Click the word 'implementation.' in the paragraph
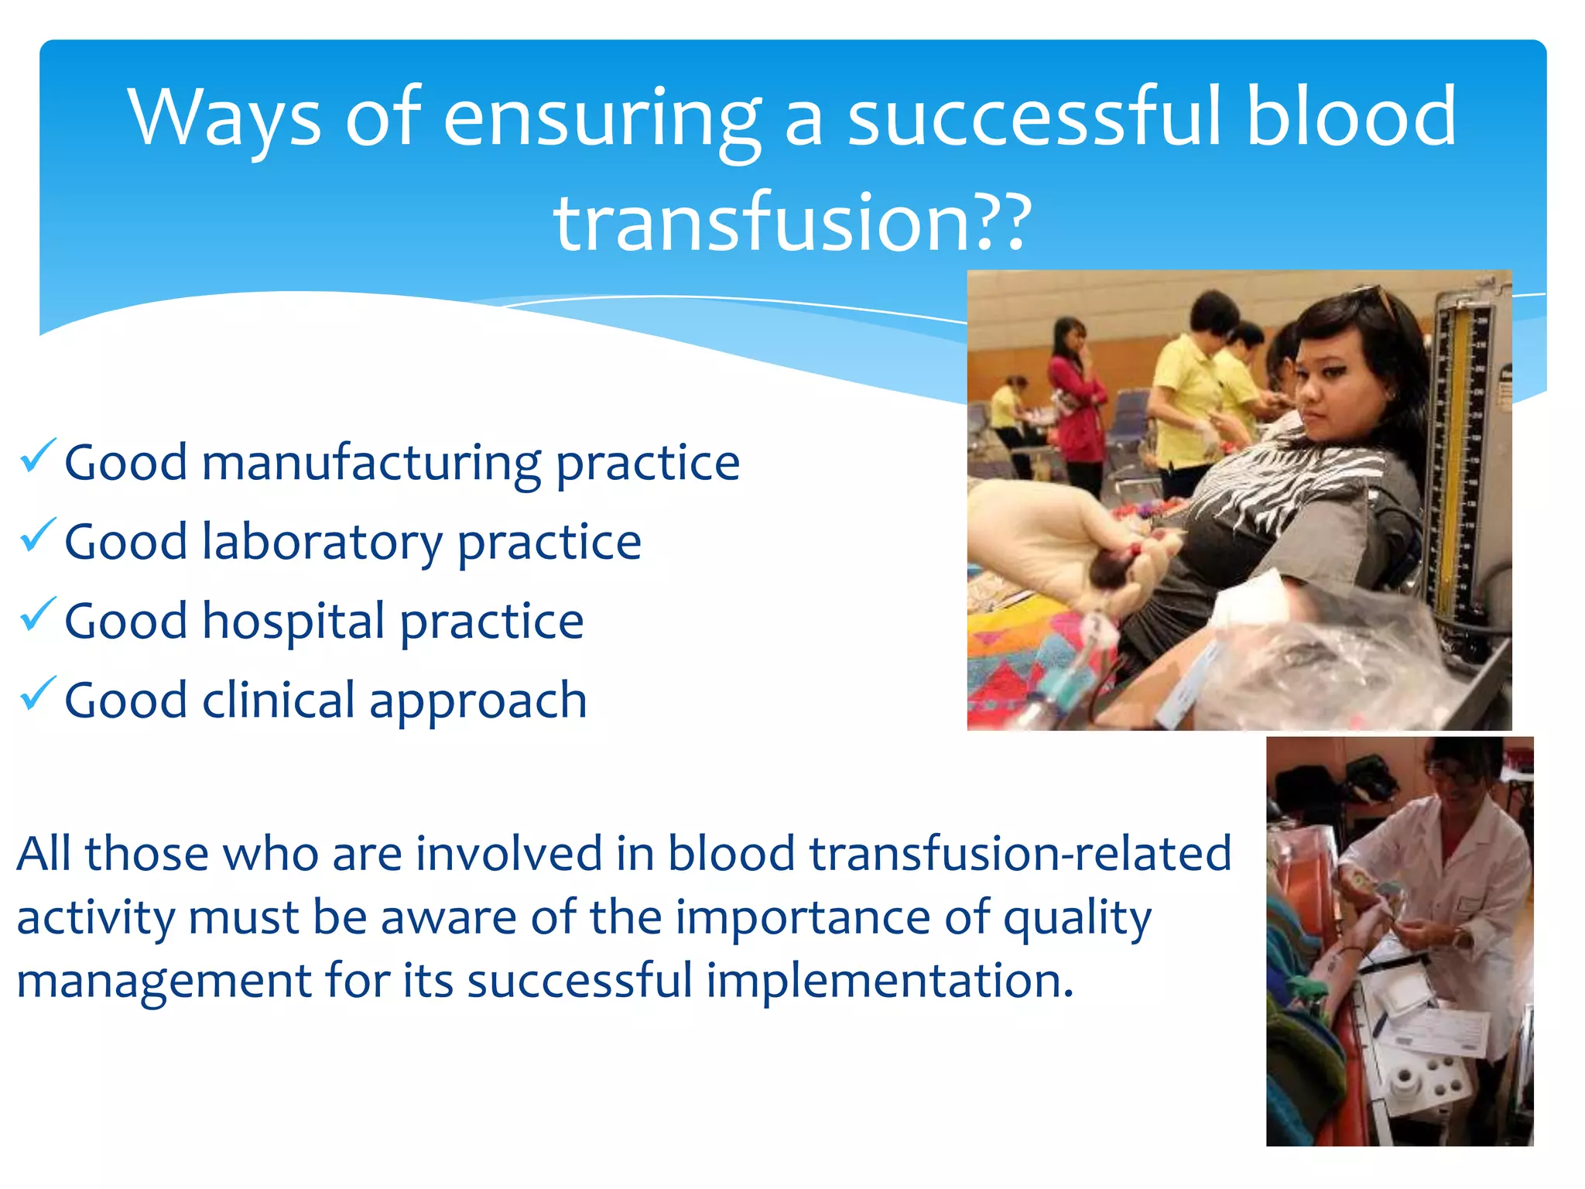coord(890,981)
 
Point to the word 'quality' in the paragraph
coord(1077,919)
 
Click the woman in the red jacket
coord(1076,403)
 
